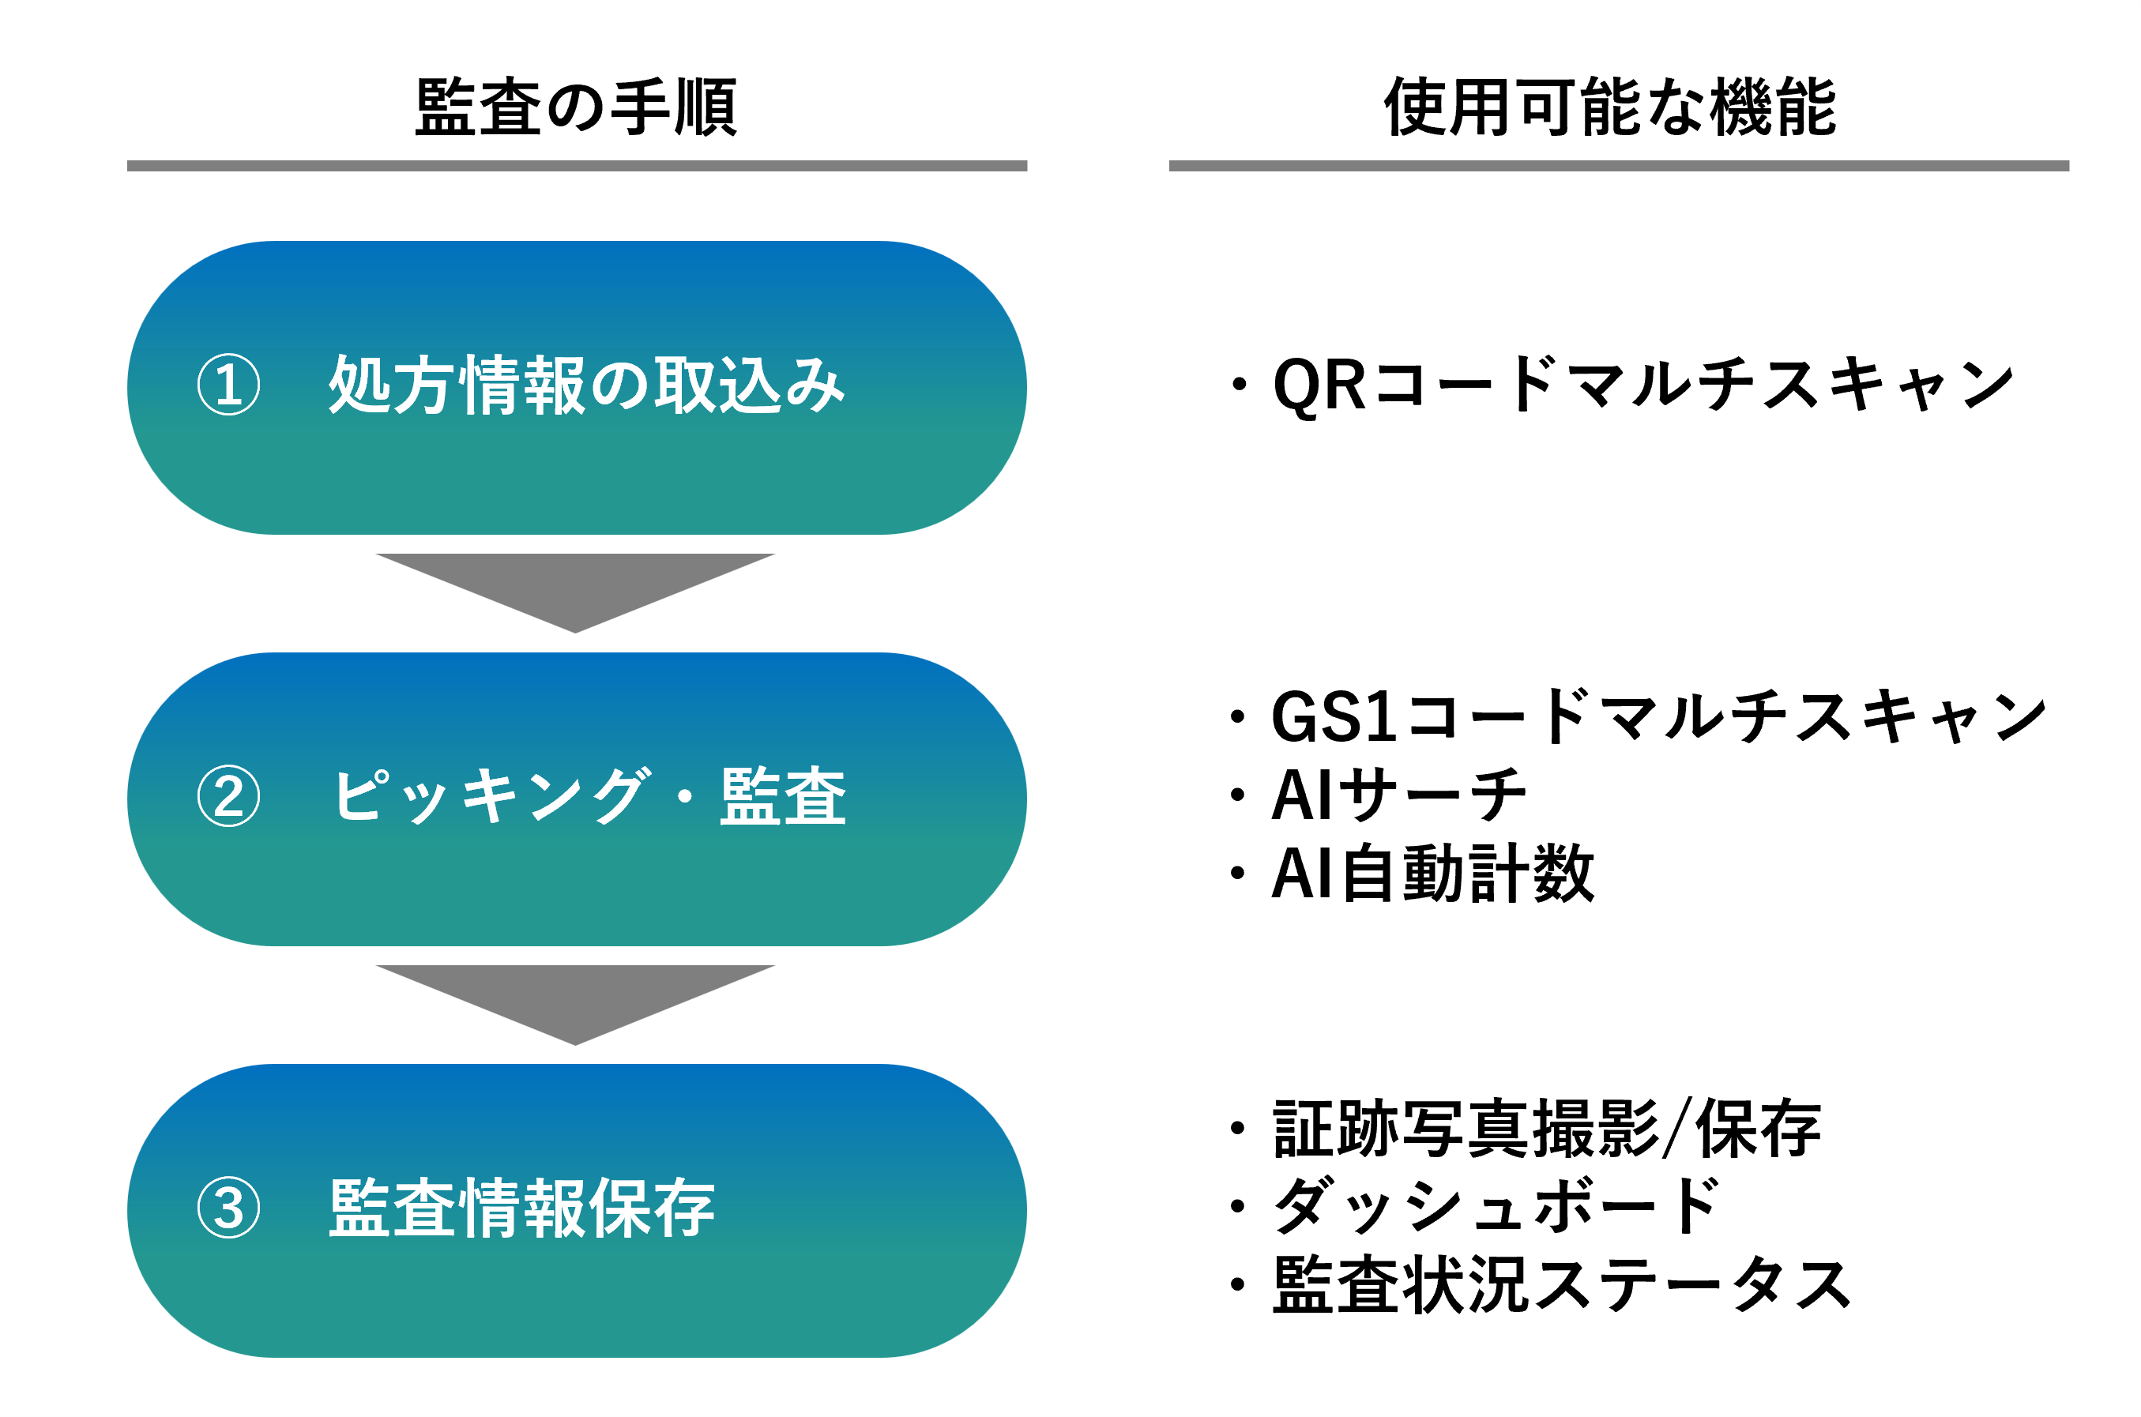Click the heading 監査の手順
point(576,107)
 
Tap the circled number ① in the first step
point(228,384)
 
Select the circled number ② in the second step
point(228,796)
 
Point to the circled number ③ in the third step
point(228,1208)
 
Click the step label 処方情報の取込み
point(585,385)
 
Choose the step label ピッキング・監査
point(589,796)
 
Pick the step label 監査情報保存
point(521,1208)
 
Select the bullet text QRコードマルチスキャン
point(1643,385)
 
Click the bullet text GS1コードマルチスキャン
point(1657,716)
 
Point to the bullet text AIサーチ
point(1398,795)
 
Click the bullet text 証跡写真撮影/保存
point(1546,1129)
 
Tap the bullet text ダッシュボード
point(1496,1206)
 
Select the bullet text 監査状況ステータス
point(1561,1284)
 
